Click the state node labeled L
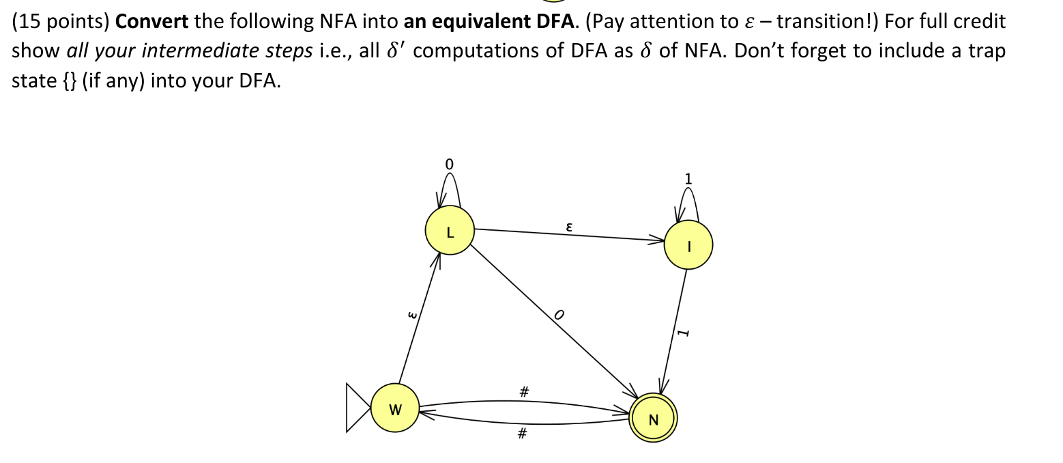click(x=449, y=231)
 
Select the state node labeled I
click(x=688, y=245)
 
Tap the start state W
click(x=395, y=408)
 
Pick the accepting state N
click(x=653, y=418)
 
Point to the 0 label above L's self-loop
click(x=448, y=164)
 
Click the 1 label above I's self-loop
click(x=688, y=179)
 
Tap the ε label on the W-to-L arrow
click(x=410, y=315)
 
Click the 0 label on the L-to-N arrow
click(x=559, y=315)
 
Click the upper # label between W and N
click(x=523, y=391)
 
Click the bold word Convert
click(x=151, y=21)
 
